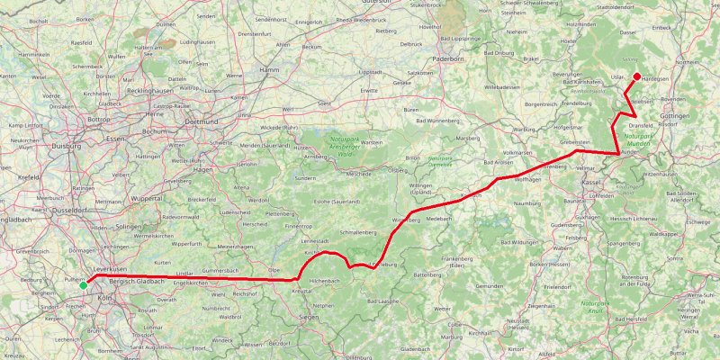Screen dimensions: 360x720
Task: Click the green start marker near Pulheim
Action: click(84, 285)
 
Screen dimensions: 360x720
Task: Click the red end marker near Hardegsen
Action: click(636, 76)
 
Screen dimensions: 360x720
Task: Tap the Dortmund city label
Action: click(200, 121)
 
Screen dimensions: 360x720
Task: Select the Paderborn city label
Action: click(446, 57)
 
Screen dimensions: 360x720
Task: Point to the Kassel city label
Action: click(591, 183)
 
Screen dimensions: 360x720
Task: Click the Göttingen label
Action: click(674, 117)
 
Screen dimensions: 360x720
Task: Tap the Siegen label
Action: click(309, 318)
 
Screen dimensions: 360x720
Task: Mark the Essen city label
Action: click(115, 139)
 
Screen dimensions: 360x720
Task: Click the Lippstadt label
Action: click(371, 71)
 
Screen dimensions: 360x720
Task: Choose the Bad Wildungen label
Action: click(518, 242)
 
